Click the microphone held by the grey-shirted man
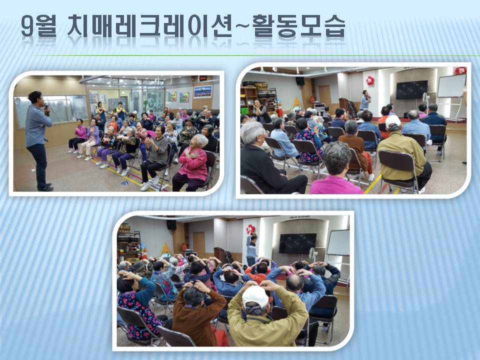pyautogui.click(x=47, y=109)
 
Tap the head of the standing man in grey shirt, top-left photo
pyautogui.click(x=35, y=97)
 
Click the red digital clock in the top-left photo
pyautogui.click(x=203, y=78)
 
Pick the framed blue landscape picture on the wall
pyautogui.click(x=202, y=91)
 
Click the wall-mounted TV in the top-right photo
pyautogui.click(x=411, y=89)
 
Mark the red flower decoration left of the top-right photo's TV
pyautogui.click(x=370, y=80)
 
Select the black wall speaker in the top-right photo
pyautogui.click(x=300, y=80)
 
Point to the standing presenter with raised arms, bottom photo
pyautogui.click(x=251, y=249)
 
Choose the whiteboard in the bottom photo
pyautogui.click(x=338, y=242)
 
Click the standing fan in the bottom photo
pyautogui.click(x=313, y=254)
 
